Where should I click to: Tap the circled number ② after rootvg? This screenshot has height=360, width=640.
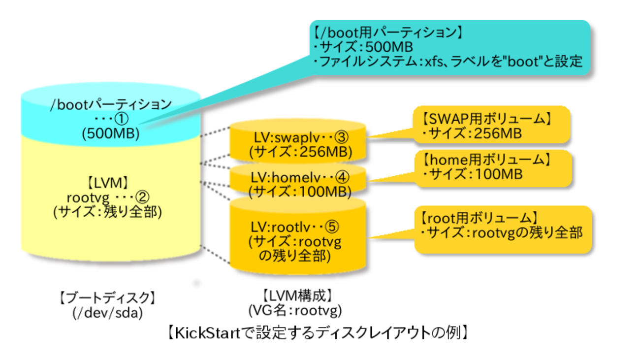pos(142,197)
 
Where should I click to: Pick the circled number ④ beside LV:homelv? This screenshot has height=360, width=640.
pos(343,177)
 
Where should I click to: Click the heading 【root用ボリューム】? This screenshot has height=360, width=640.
pos(477,217)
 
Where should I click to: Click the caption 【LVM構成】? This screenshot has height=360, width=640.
pos(295,296)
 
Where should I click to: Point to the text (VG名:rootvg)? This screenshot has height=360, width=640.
pos(295,310)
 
